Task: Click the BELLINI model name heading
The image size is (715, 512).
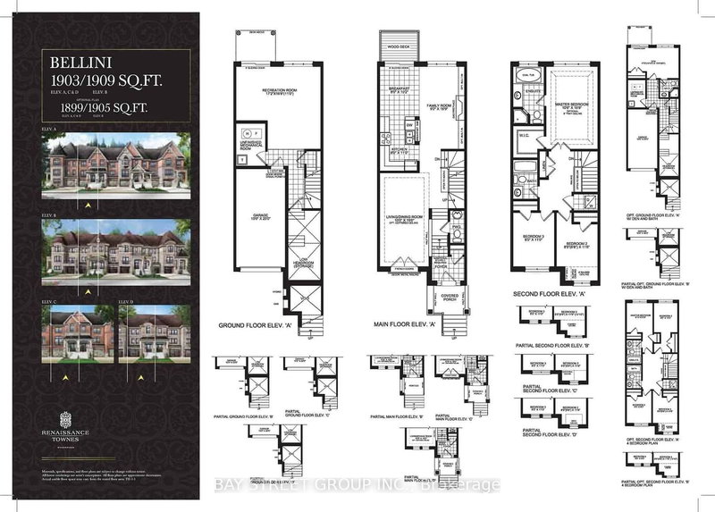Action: (x=79, y=63)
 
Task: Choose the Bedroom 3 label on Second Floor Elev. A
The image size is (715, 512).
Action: (x=533, y=239)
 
